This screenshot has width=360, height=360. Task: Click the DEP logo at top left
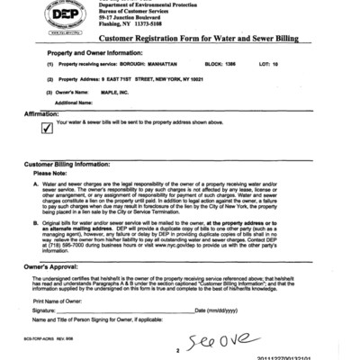[x=44, y=19]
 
